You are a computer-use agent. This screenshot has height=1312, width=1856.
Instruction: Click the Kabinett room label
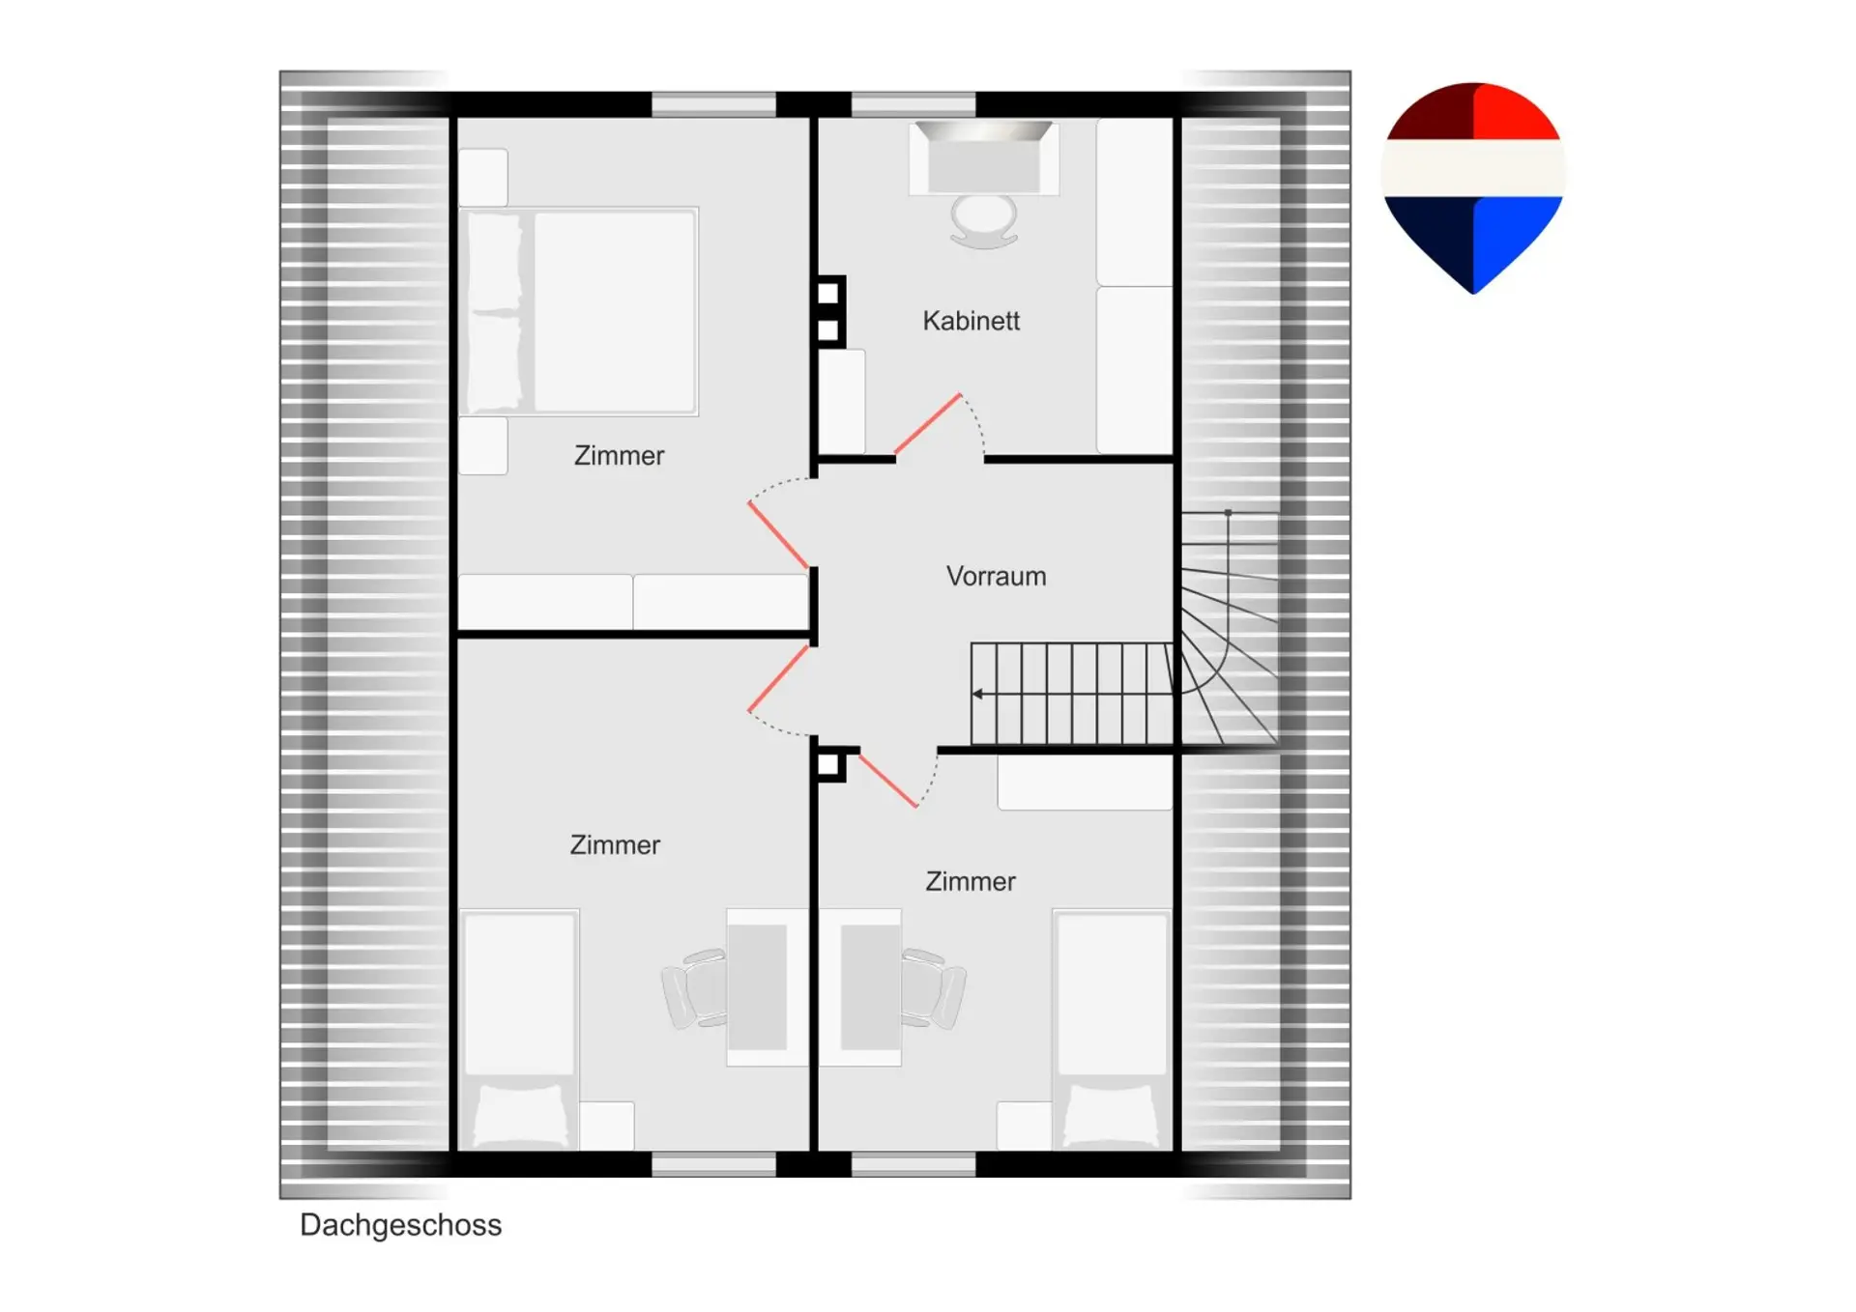coord(971,321)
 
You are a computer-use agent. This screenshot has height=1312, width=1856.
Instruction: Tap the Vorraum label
coord(996,577)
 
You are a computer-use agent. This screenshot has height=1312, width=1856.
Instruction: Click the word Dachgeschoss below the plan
coord(400,1226)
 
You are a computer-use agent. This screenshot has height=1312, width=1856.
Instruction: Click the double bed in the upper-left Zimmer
coord(579,311)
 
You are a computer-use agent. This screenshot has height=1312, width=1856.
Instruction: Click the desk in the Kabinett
coord(983,158)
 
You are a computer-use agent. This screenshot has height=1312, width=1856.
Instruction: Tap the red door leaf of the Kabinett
coord(927,423)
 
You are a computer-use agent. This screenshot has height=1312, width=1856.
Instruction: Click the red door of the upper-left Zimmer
coord(778,534)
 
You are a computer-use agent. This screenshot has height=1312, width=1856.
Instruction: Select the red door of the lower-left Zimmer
coord(778,678)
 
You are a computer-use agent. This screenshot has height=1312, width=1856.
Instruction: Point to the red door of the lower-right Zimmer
coord(888,781)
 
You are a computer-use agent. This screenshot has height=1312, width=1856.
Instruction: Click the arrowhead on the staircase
coord(978,694)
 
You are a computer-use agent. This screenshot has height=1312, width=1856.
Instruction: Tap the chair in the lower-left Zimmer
coord(695,988)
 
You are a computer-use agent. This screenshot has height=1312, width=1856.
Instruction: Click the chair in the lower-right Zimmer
coord(933,988)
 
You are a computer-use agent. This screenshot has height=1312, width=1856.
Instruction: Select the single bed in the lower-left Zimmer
coord(520,1030)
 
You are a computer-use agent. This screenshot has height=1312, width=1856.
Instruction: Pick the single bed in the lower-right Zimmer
coord(1112,1030)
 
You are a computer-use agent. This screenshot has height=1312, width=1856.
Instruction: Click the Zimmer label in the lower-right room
coord(971,882)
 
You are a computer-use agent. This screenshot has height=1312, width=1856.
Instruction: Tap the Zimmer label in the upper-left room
coord(619,456)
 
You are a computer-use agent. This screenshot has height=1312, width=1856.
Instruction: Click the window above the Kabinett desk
coord(913,104)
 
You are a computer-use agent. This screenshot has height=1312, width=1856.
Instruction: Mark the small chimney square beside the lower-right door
coord(828,765)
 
